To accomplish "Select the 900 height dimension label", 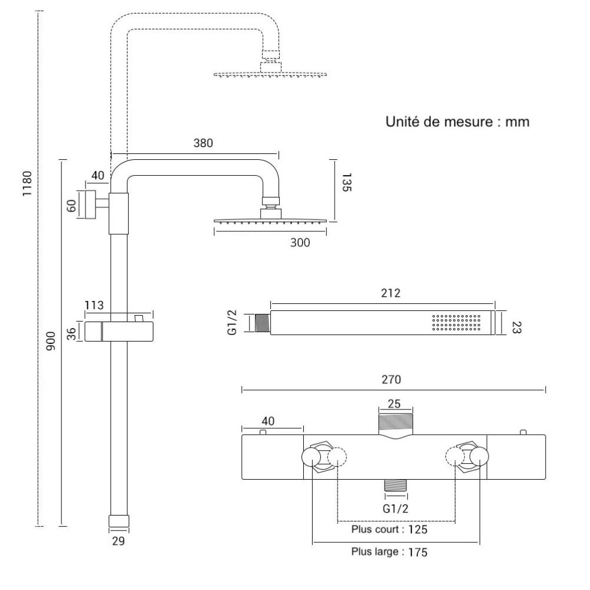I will point(51,341).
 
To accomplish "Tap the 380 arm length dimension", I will point(202,143).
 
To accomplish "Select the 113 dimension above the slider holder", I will point(94,305).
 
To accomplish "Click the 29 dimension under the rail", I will point(118,541).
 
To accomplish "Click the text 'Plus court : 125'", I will point(389,529).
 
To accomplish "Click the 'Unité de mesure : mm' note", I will point(457,122).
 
